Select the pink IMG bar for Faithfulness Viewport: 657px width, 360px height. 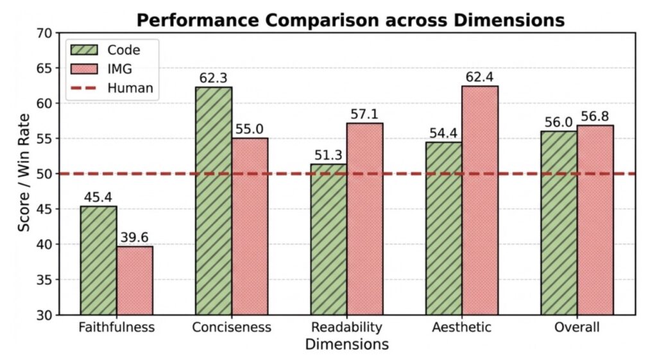[135, 280]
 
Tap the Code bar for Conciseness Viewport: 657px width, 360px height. [214, 201]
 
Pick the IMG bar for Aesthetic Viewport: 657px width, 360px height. [480, 200]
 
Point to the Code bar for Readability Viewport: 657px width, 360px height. [328, 239]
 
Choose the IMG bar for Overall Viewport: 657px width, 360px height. [595, 220]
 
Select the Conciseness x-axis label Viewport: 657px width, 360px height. [232, 327]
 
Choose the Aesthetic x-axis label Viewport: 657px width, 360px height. [462, 327]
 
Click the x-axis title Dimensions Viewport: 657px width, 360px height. [346, 345]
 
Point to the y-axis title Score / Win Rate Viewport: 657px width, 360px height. [23, 173]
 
